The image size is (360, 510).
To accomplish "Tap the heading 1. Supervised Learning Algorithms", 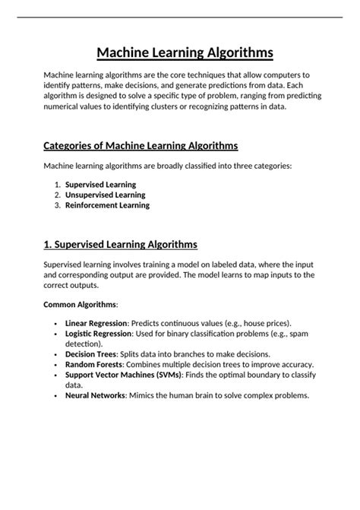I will [121, 244].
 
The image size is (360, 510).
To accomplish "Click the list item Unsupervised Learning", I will [105, 195].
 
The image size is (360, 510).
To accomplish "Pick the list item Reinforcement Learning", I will [107, 205].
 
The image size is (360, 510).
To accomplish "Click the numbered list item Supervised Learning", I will [101, 185].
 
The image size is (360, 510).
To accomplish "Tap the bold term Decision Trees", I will [91, 354].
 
